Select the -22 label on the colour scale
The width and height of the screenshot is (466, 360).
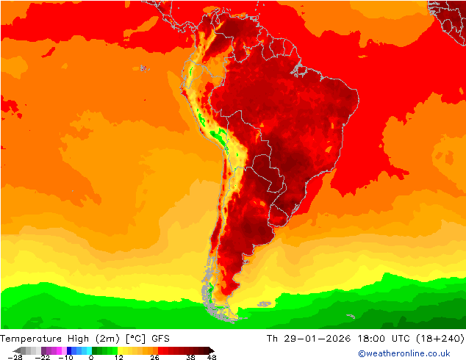[x=43, y=357]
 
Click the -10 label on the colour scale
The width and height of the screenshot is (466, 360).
[x=65, y=357]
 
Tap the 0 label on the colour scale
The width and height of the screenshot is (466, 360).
[x=91, y=357]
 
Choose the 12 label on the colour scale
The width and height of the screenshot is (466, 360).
[x=119, y=357]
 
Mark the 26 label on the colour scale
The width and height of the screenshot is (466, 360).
[x=155, y=357]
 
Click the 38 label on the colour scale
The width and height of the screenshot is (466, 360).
[x=190, y=357]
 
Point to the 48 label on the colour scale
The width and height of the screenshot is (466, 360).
[x=212, y=357]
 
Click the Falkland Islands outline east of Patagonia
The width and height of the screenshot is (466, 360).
[x=264, y=303]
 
